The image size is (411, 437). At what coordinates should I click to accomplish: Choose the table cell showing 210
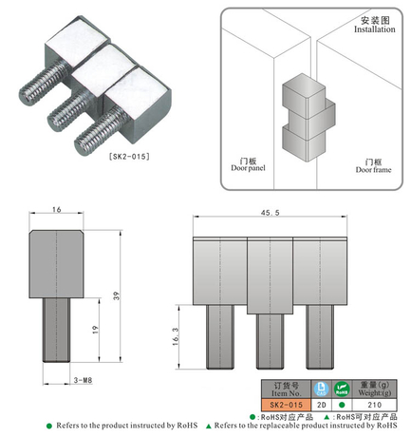[x=371, y=403]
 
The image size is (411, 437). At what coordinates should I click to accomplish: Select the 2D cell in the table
[x=320, y=403]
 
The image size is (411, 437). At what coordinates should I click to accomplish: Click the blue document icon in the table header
[x=320, y=388]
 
